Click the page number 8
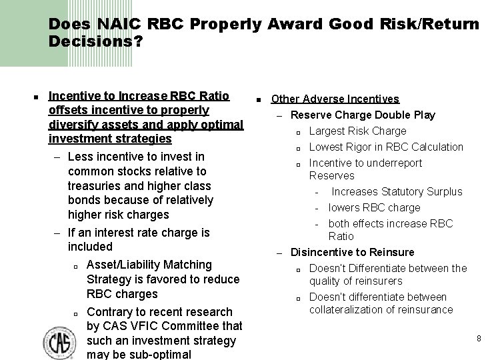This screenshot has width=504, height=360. click(479, 339)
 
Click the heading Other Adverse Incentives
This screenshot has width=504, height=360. click(335, 99)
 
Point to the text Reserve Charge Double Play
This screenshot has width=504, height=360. click(363, 115)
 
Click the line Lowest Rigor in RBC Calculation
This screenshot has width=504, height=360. click(386, 147)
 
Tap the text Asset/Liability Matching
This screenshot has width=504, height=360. click(149, 265)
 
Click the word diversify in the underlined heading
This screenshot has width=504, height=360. click(71, 125)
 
